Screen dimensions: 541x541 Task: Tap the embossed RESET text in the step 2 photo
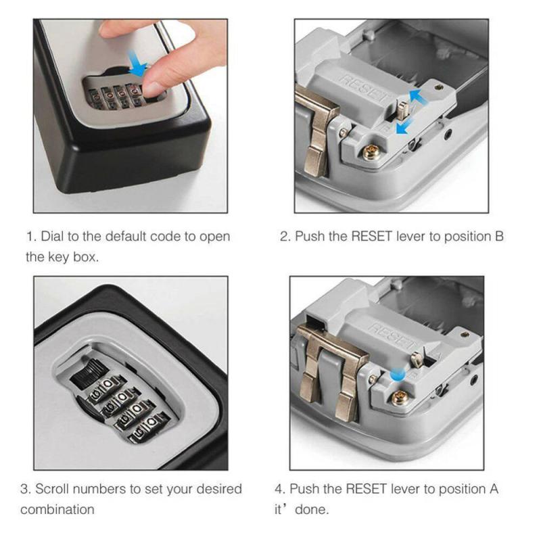[366, 89]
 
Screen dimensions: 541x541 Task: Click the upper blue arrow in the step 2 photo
[419, 97]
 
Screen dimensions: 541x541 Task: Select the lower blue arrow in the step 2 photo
[404, 126]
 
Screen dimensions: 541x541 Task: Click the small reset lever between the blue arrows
[402, 110]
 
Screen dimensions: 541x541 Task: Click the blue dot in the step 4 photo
[397, 375]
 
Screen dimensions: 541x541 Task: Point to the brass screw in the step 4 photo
[400, 398]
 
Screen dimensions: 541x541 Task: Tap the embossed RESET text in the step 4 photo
[393, 336]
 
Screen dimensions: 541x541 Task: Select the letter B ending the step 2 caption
[499, 237]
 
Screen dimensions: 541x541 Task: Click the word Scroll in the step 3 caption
[53, 489]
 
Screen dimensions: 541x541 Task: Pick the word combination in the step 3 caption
[57, 510]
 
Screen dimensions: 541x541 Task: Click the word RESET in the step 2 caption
[371, 237]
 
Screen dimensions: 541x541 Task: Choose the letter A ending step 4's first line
[494, 489]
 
